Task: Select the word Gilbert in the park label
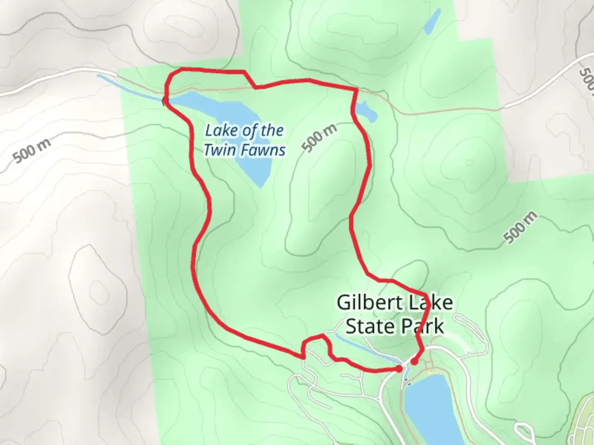click(x=363, y=303)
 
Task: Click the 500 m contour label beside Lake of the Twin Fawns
click(x=319, y=138)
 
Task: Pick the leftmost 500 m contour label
click(x=32, y=151)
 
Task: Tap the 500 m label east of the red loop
click(x=521, y=227)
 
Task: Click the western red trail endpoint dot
click(x=399, y=368)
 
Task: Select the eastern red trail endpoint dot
click(x=414, y=361)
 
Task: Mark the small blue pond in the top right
click(x=432, y=21)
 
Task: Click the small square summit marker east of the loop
click(x=469, y=162)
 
